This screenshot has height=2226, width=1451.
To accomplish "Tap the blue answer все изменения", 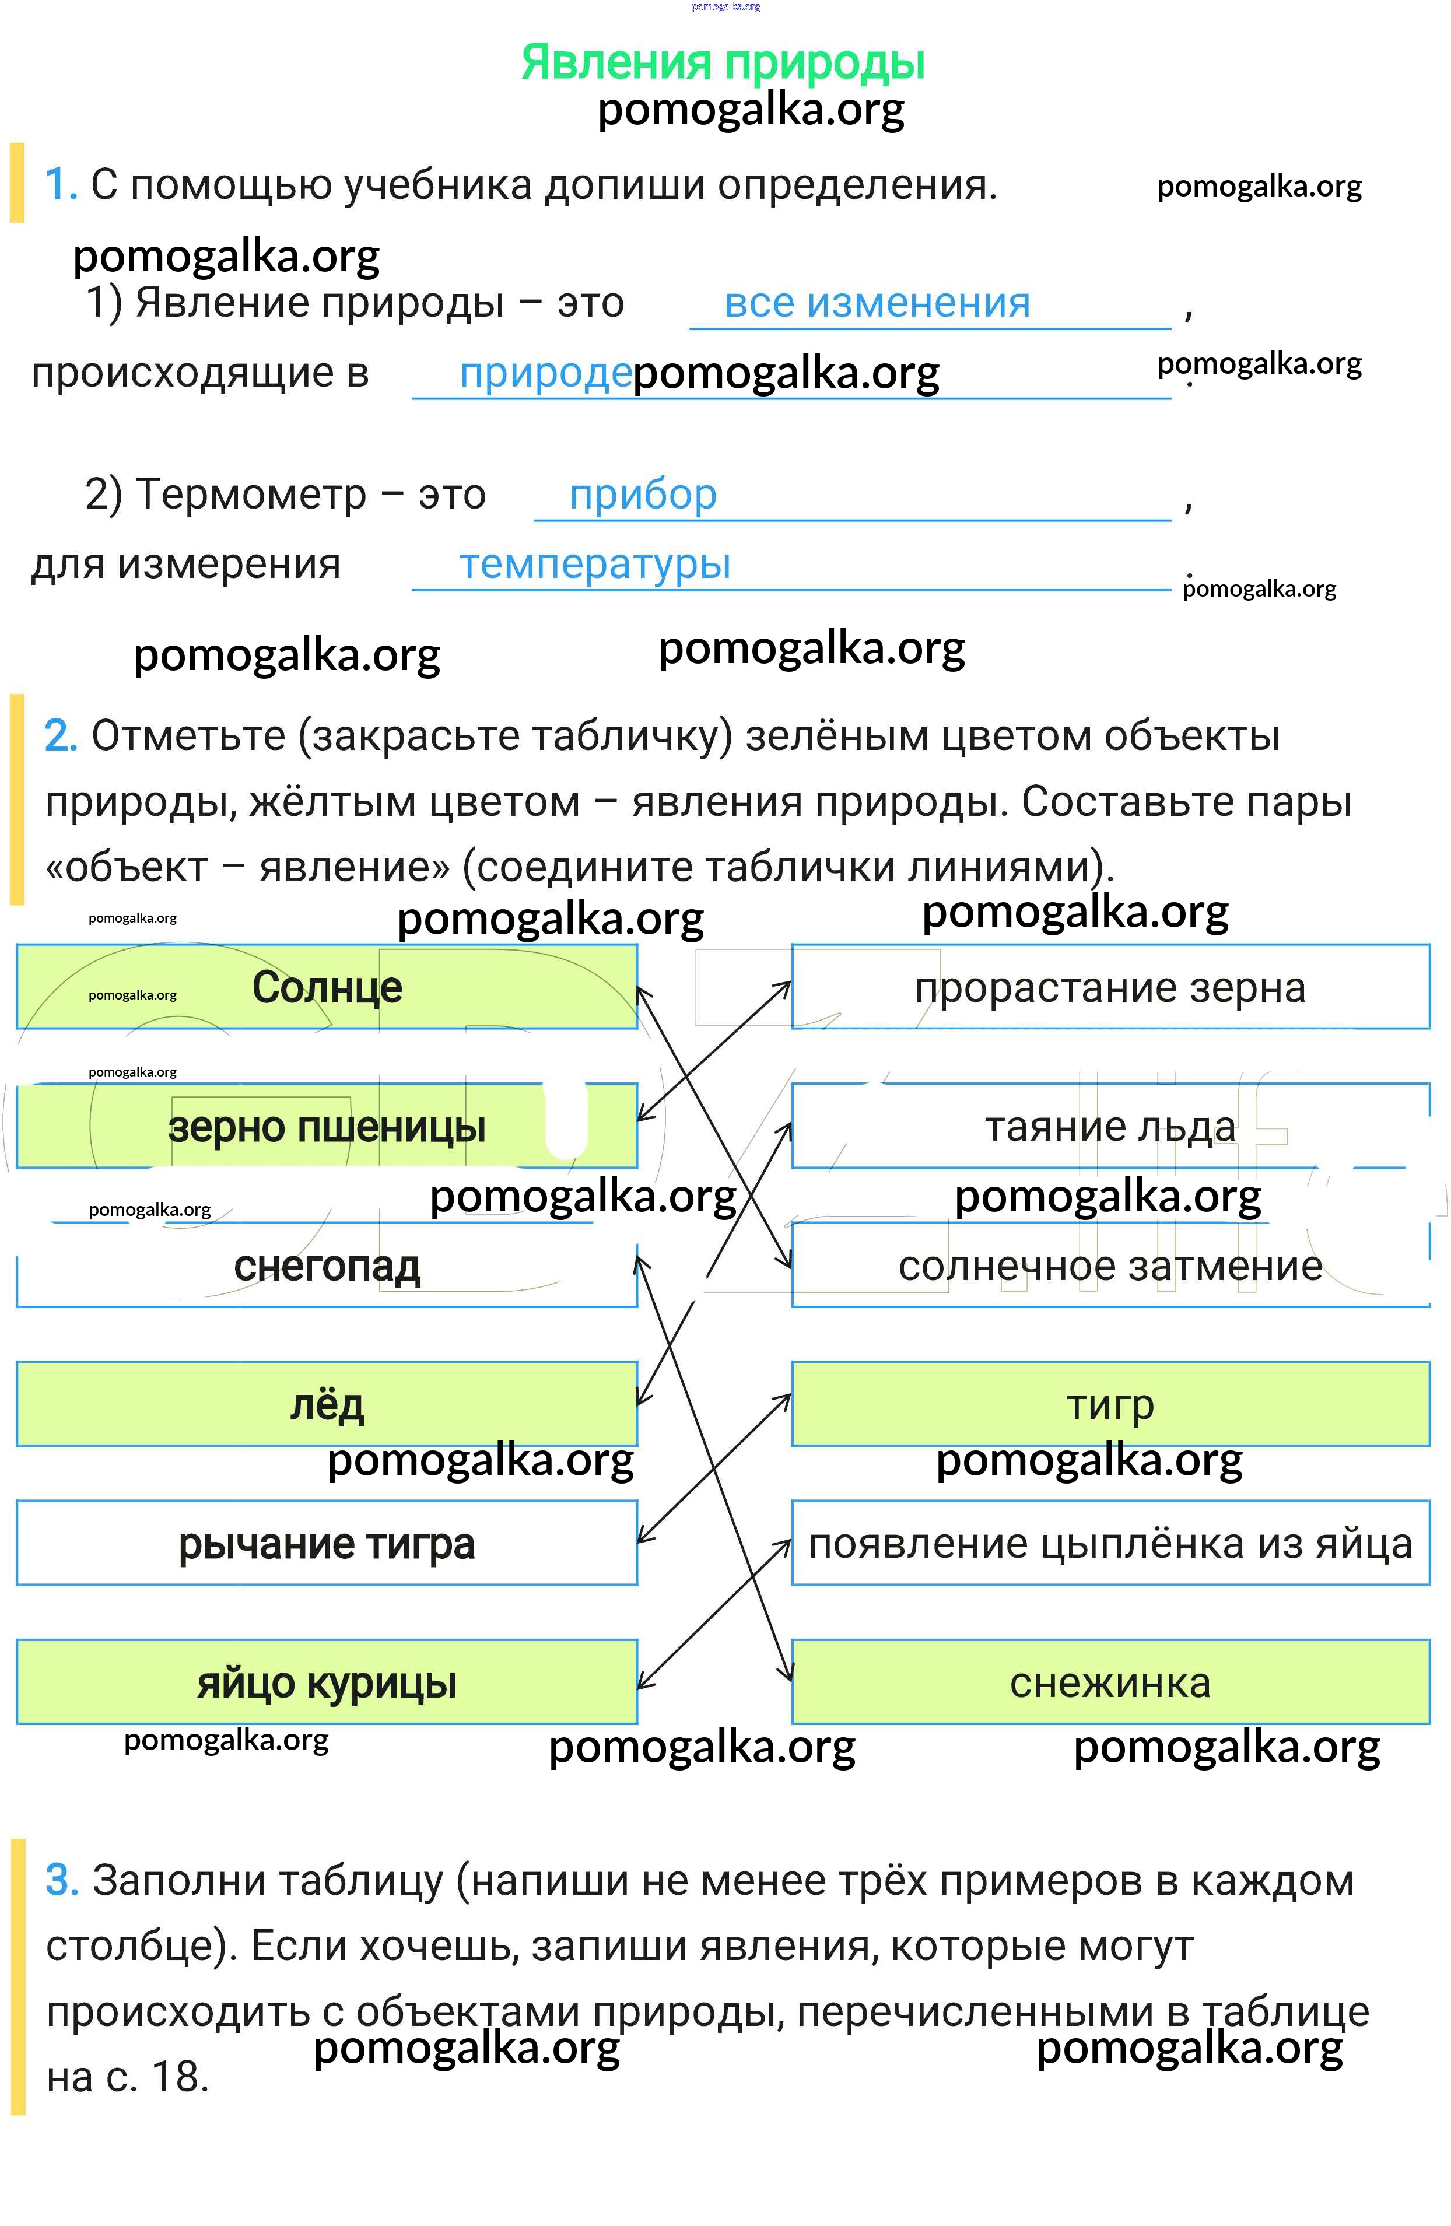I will pos(877,303).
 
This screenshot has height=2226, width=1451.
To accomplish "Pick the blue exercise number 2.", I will pos(60,736).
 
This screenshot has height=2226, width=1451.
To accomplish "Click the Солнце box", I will pos(327,987).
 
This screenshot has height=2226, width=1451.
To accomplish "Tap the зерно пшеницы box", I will pos(327,1126).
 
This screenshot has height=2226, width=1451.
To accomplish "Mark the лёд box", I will pos(327,1405).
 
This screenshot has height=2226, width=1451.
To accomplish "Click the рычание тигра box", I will pos(327,1544).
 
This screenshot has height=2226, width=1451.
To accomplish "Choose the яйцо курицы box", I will pos(327,1684).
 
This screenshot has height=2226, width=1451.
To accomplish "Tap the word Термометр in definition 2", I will pos(251,495).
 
